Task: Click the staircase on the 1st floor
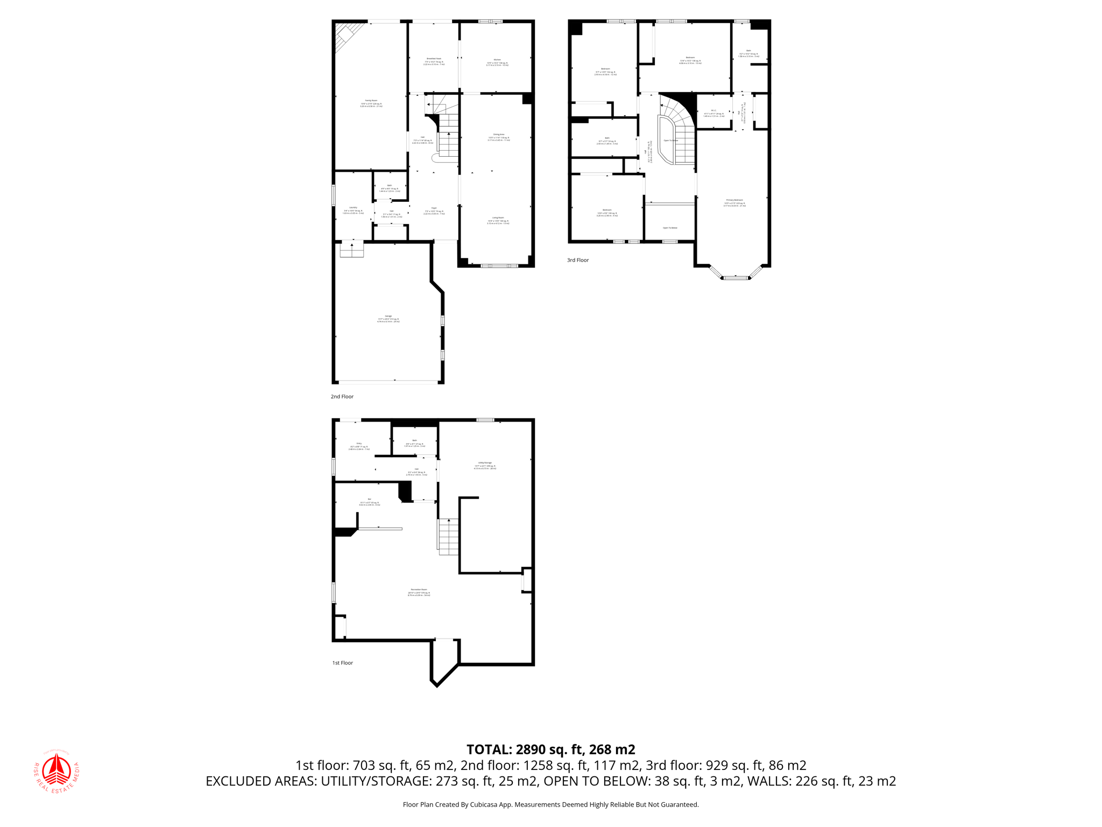pyautogui.click(x=448, y=536)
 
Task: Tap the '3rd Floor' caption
pyautogui.click(x=578, y=260)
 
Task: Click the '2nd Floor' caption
pyautogui.click(x=342, y=397)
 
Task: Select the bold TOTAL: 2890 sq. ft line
pyautogui.click(x=550, y=749)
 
